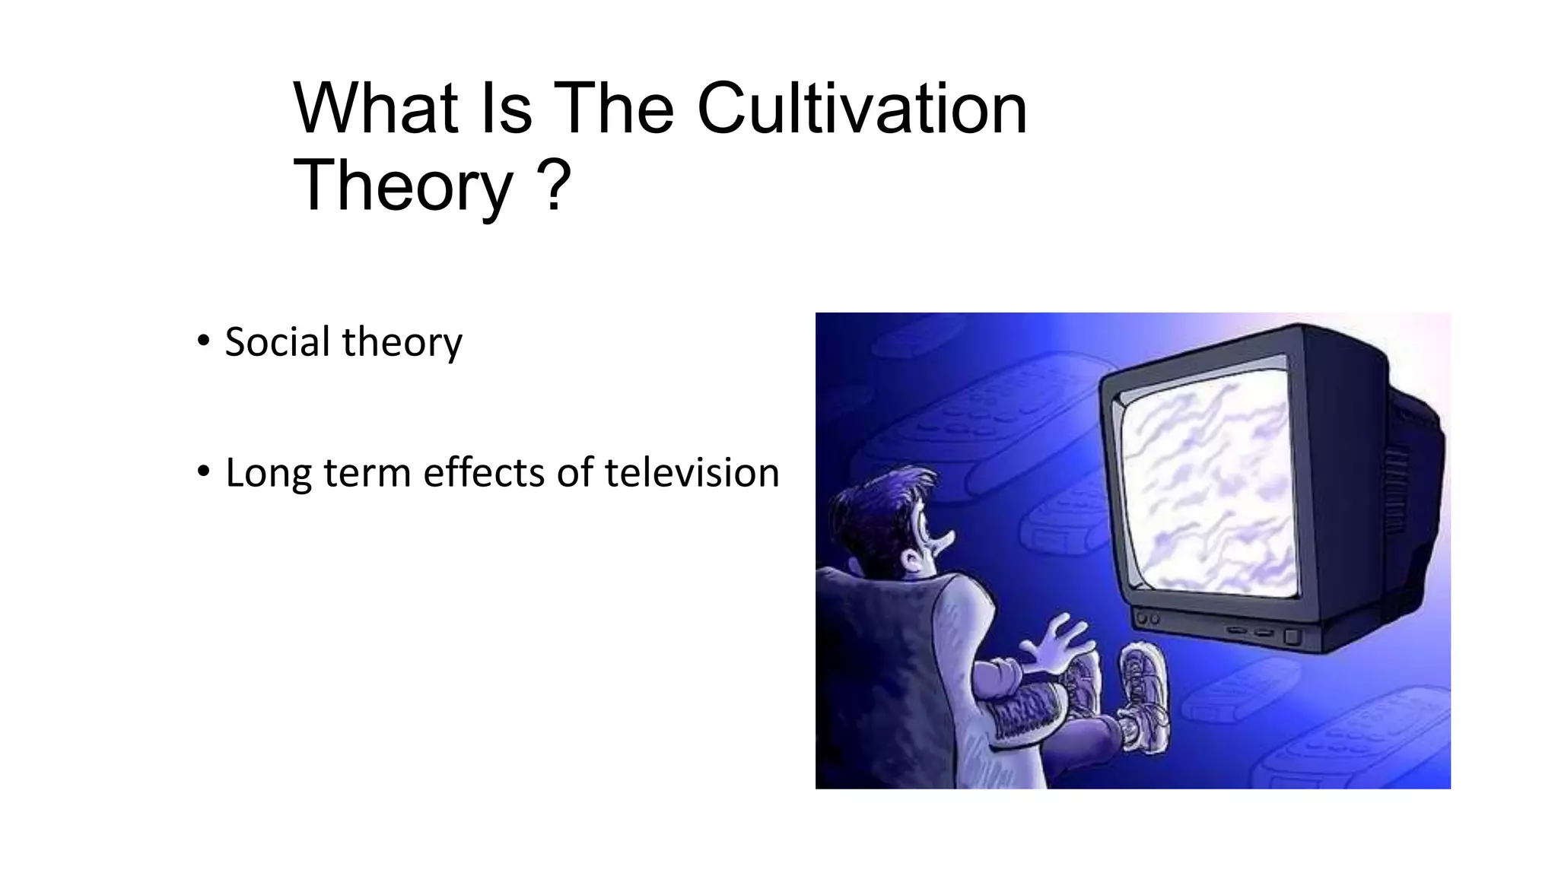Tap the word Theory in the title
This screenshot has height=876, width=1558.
tap(404, 186)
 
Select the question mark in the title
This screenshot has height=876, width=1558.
tap(554, 186)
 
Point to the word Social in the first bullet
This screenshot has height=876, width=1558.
tap(278, 341)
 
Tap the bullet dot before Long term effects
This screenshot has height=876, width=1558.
tap(202, 471)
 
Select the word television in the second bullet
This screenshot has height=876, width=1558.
tap(692, 472)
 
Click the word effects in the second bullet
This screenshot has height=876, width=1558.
tap(484, 472)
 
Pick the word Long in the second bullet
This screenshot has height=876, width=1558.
tap(269, 474)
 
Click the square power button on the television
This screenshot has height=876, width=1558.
tap(1291, 636)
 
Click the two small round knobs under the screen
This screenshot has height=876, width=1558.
tap(1148, 620)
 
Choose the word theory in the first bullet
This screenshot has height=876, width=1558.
tap(402, 343)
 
